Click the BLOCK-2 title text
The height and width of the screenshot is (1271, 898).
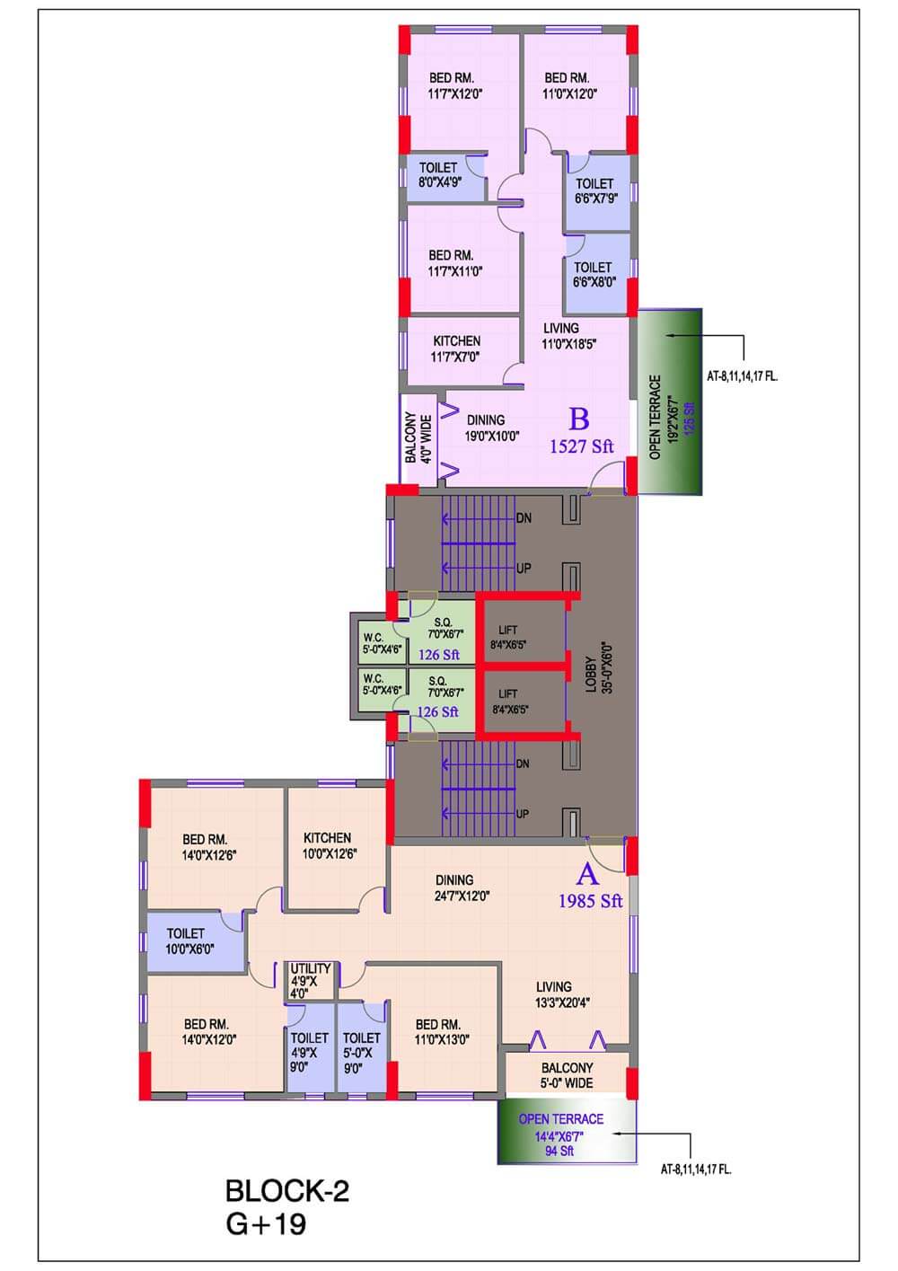pyautogui.click(x=286, y=1191)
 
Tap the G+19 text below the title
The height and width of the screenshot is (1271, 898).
pyautogui.click(x=265, y=1224)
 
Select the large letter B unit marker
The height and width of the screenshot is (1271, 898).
pyautogui.click(x=579, y=419)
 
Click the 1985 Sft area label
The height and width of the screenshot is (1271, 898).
pyautogui.click(x=590, y=901)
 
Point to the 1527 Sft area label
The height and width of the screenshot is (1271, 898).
pyautogui.click(x=581, y=446)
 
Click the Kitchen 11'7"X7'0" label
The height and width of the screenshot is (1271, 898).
pyautogui.click(x=456, y=349)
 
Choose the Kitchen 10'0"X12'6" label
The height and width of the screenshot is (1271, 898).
pyautogui.click(x=328, y=845)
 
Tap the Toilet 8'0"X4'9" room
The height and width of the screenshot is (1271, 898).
pyautogui.click(x=439, y=175)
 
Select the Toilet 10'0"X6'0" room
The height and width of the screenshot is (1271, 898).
pyautogui.click(x=187, y=940)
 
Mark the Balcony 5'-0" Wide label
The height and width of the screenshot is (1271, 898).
pyautogui.click(x=567, y=1075)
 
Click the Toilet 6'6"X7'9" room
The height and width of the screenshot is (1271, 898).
pyautogui.click(x=594, y=190)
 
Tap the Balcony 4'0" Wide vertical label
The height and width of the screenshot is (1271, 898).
pyautogui.click(x=418, y=437)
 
